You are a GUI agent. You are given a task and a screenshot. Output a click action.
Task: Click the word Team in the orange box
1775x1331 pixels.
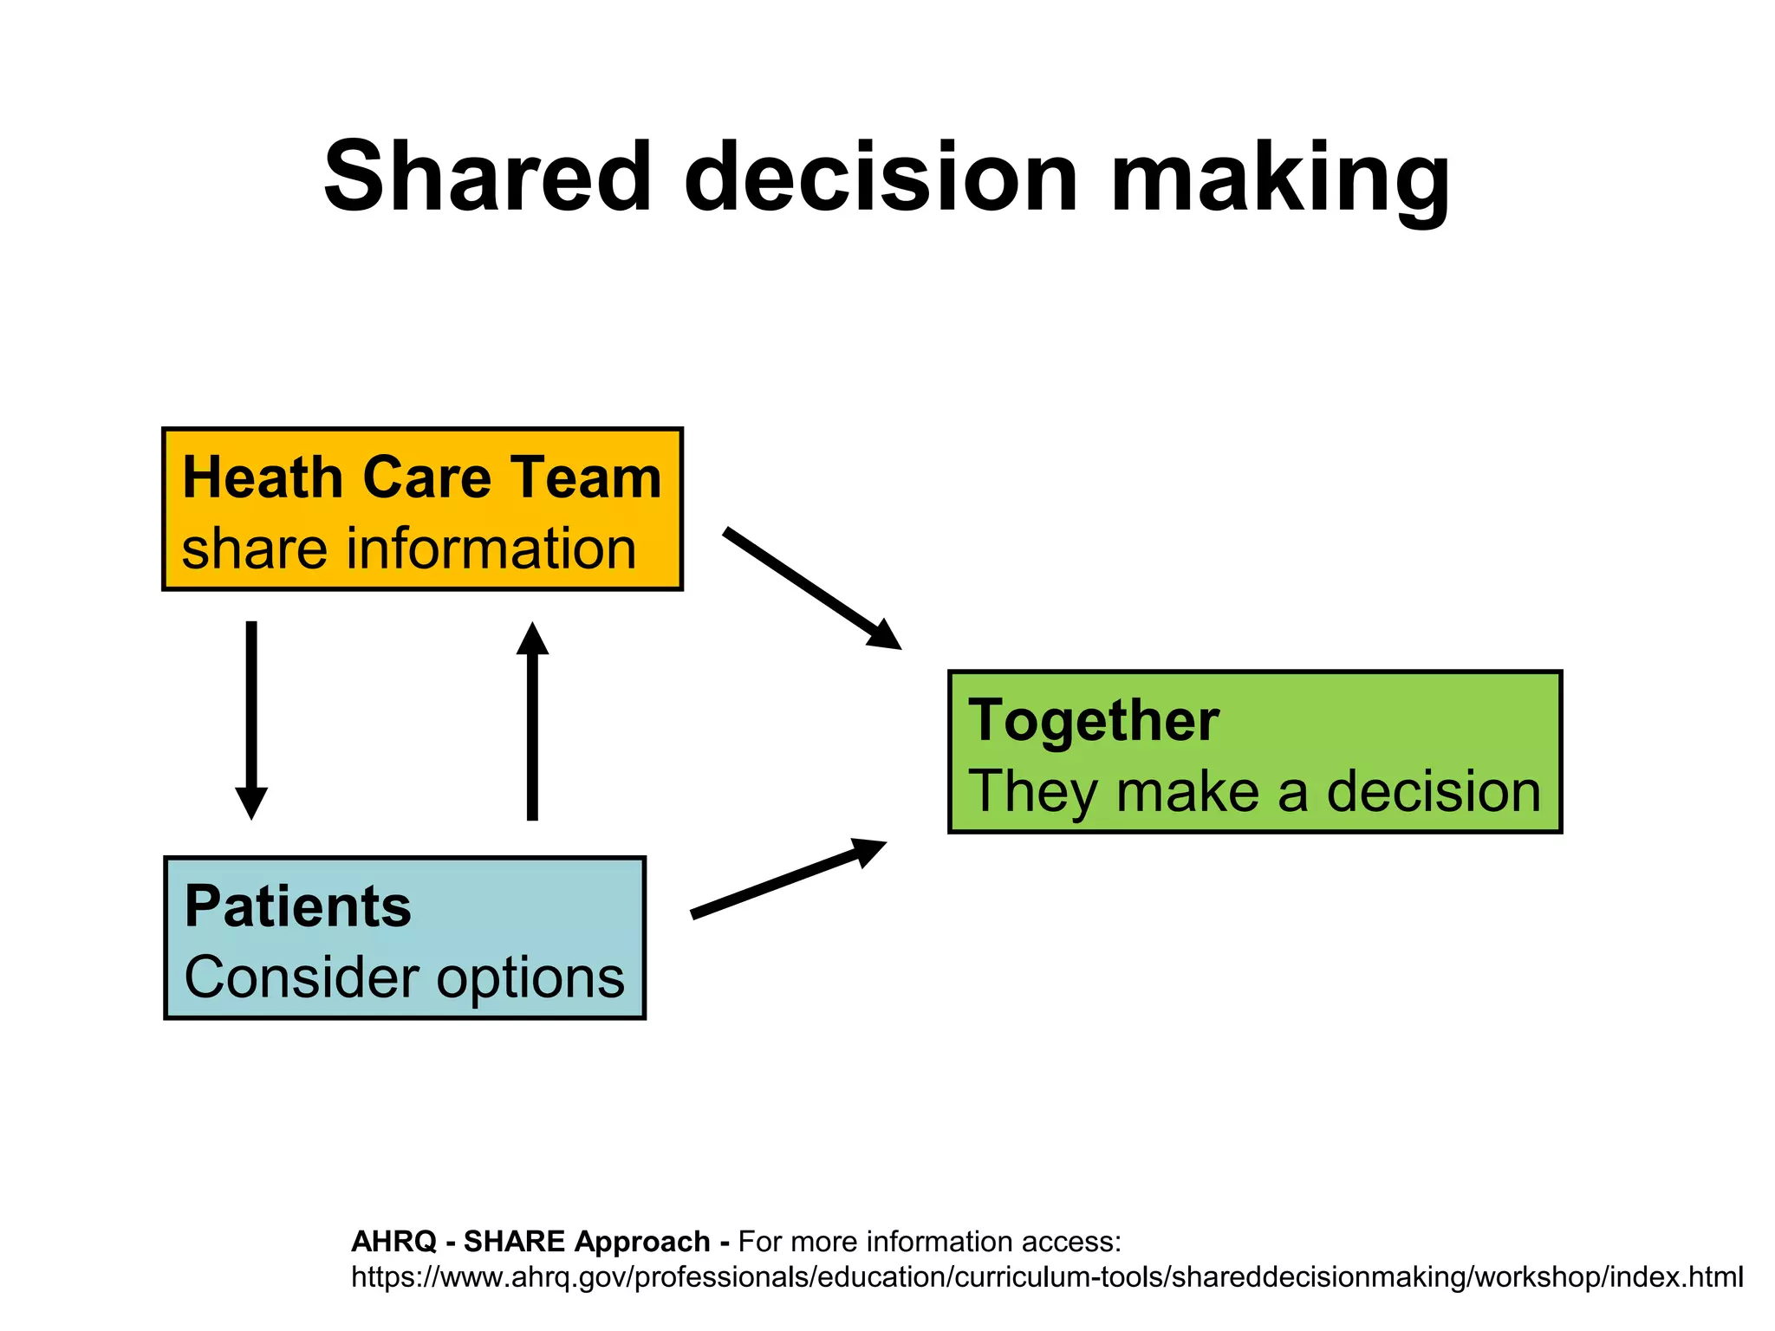pos(586,477)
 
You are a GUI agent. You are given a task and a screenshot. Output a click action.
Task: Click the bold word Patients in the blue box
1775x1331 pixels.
pos(298,906)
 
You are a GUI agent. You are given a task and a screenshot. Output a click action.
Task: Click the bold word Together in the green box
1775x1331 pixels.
pos(1094,721)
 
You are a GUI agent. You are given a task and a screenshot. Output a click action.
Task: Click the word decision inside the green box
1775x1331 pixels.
pos(1434,792)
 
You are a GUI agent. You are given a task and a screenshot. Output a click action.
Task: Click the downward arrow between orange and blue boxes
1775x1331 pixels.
pos(251,719)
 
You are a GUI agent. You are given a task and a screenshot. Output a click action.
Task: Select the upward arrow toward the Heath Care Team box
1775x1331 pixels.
pos(532,719)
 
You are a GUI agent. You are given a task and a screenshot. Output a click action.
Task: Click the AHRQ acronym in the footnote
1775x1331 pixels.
pos(393,1242)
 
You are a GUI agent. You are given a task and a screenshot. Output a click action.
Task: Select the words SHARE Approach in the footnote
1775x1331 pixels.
pos(587,1242)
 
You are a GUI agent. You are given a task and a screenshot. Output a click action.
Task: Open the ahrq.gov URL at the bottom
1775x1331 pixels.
pos(1046,1277)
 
